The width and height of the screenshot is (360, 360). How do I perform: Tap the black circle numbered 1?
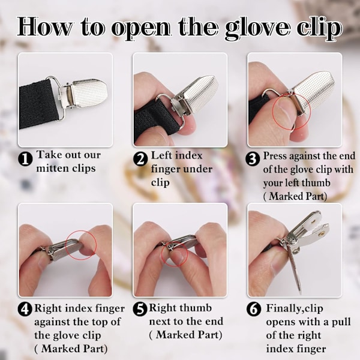[x=25, y=160]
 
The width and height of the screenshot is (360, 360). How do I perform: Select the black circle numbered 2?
[x=140, y=160]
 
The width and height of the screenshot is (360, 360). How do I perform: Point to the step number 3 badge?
[x=253, y=158]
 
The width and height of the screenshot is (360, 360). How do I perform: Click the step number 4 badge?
[x=25, y=310]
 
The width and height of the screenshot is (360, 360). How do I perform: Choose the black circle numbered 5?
[x=140, y=309]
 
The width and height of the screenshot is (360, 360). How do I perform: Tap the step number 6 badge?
[x=254, y=309]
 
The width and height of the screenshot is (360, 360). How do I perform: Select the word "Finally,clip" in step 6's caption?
[x=295, y=308]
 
